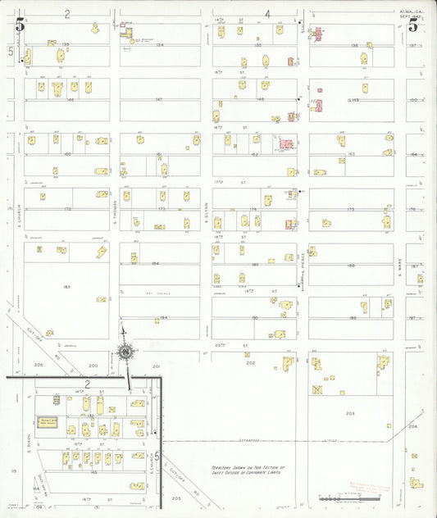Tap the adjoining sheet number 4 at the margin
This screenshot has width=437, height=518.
click(x=267, y=14)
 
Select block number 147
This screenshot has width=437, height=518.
click(x=159, y=99)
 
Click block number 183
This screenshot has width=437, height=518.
click(x=67, y=287)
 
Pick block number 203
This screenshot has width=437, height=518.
click(x=351, y=414)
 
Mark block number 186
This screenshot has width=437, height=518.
click(x=351, y=266)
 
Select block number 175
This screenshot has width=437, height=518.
click(x=351, y=210)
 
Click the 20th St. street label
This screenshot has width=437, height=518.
click(x=243, y=345)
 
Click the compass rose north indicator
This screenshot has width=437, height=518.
click(x=125, y=352)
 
